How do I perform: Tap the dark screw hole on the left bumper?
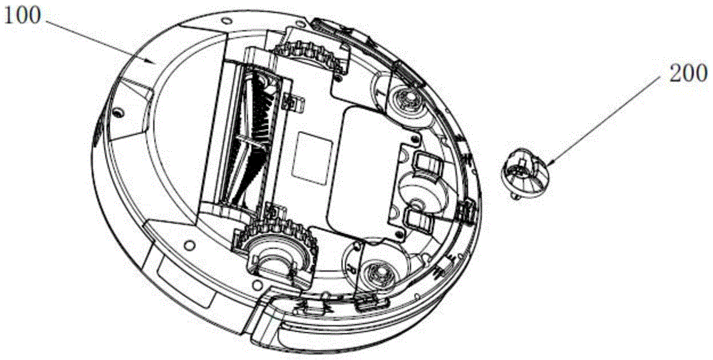tap(116, 111)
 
